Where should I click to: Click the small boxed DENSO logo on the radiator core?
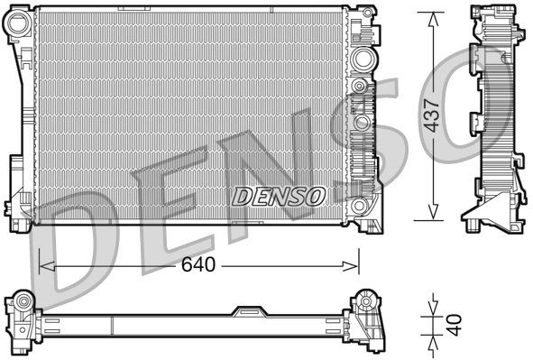coord(280,193)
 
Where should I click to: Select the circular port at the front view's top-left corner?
coord(17,24)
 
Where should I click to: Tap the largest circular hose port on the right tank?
coord(363,60)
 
